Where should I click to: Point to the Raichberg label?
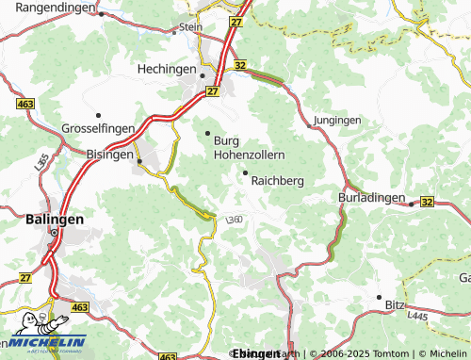277,180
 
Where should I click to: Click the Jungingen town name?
337,122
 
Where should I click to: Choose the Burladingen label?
371,199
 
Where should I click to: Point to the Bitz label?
397,305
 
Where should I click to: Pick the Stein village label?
190,28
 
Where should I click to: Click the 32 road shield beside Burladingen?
428,202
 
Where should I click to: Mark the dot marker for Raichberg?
246,172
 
